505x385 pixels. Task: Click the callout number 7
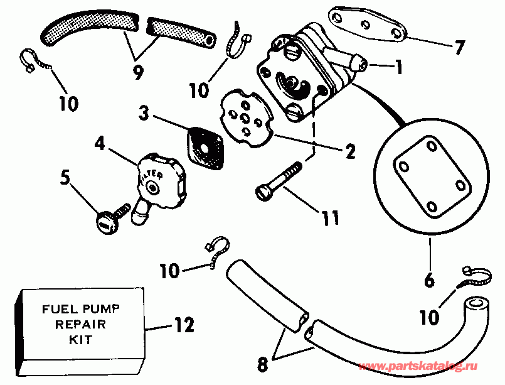(459, 47)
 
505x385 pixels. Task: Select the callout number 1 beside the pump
(399, 67)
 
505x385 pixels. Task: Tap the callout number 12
(184, 325)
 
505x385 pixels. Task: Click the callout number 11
(331, 218)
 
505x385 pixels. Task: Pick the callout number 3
(144, 113)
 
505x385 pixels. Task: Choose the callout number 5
(65, 177)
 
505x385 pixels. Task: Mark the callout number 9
(138, 72)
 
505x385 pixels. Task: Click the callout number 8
(262, 364)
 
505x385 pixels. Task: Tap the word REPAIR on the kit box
(80, 324)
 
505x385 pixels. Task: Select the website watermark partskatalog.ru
(418, 366)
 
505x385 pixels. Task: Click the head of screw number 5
(105, 222)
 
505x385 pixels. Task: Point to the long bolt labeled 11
(279, 182)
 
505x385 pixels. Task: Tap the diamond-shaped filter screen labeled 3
(205, 148)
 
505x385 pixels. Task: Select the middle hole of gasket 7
(366, 24)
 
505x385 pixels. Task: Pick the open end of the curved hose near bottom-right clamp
(476, 304)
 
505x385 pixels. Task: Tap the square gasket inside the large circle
(432, 176)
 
